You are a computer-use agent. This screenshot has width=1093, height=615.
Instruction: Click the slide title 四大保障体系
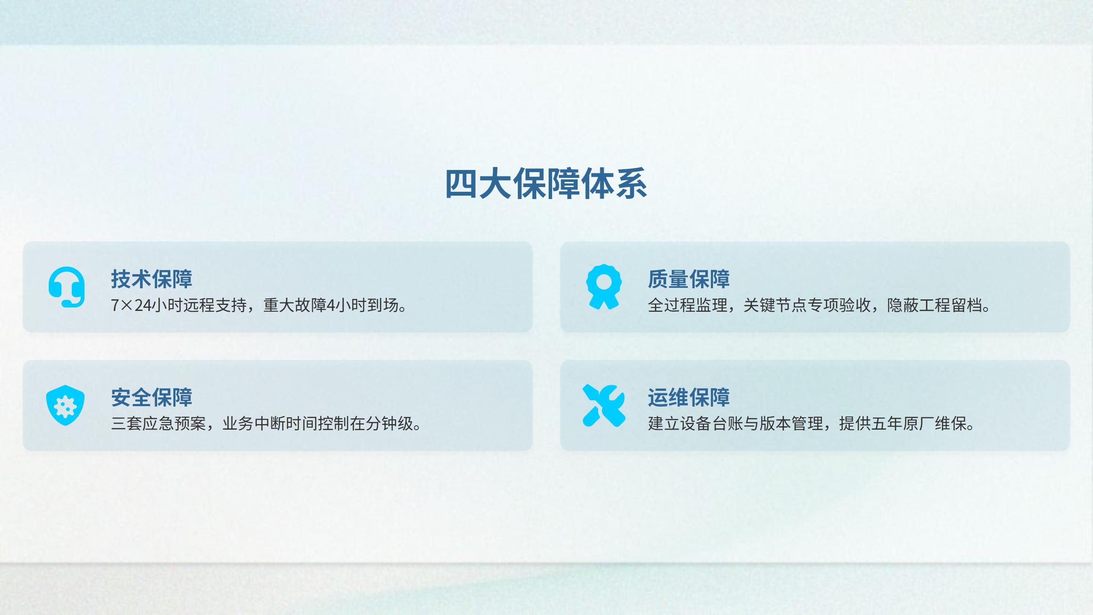(546, 184)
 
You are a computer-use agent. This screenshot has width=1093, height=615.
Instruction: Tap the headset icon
(67, 287)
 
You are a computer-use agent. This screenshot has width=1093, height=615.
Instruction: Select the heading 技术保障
(152, 279)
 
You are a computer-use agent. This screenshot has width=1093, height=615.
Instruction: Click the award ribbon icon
(604, 287)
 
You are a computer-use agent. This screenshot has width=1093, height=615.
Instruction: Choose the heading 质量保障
(689, 279)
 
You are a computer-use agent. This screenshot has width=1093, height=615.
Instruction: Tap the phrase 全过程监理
(687, 305)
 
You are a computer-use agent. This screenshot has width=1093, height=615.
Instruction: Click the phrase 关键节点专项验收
(807, 305)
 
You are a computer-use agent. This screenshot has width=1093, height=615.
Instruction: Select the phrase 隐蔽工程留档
(935, 305)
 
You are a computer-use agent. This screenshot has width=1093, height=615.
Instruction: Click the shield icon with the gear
(65, 405)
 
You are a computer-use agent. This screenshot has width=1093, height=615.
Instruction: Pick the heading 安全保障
(152, 397)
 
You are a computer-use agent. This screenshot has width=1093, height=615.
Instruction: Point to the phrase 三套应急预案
(158, 424)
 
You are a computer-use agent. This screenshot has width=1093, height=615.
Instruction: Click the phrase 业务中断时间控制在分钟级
(318, 424)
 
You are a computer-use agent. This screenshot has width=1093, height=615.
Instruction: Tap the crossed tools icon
(604, 405)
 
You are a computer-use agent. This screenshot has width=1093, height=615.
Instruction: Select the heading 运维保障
(689, 397)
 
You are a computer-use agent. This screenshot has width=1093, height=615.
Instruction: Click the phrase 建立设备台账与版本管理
(735, 424)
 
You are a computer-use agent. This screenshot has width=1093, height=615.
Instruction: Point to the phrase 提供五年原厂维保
(903, 424)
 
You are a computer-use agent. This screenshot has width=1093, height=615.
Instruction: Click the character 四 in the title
(461, 184)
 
